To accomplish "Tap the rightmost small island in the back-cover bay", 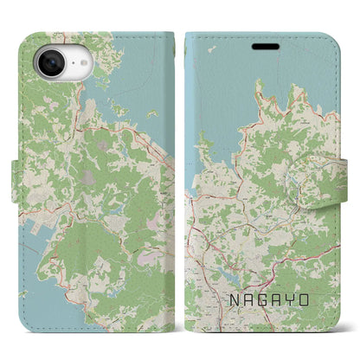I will click(x=153, y=112).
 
